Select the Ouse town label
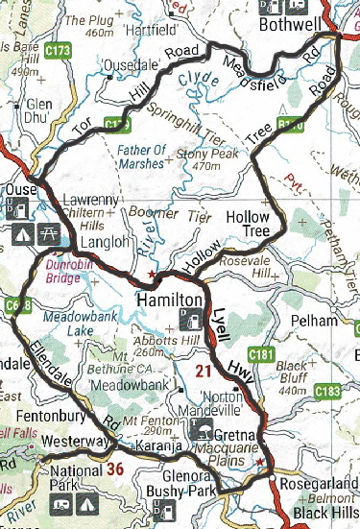18,190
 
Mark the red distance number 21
201,371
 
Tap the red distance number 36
116,469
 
